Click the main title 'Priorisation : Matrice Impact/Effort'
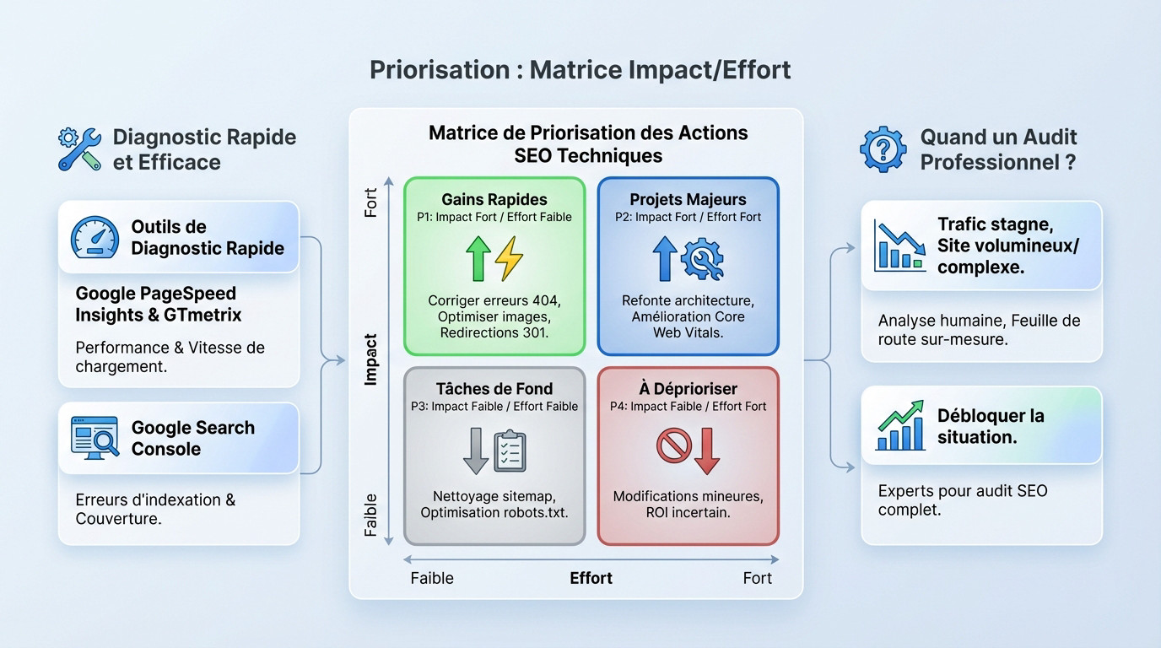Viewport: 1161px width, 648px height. pos(580,69)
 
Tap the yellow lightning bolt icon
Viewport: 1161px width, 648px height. pos(509,258)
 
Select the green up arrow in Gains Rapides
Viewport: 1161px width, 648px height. pos(478,258)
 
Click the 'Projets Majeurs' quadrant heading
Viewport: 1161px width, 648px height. pos(688,200)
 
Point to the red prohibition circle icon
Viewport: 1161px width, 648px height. pos(673,447)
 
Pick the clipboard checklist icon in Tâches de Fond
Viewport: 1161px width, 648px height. pos(509,451)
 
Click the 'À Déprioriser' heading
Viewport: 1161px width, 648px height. pos(688,389)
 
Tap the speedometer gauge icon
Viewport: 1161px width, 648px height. pos(94,238)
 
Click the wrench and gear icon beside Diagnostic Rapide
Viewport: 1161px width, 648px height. pos(79,148)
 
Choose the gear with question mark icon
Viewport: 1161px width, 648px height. pos(883,149)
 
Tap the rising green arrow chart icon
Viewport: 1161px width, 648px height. pos(899,426)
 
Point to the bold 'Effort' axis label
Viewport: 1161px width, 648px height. pos(591,578)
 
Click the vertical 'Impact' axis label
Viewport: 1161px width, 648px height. pos(370,360)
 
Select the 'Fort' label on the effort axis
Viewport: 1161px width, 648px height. pos(757,578)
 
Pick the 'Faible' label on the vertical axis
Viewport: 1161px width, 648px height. pos(370,515)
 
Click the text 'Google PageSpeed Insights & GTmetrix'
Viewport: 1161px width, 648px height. pos(159,305)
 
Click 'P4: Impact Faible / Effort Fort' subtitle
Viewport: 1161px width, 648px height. pos(688,407)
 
